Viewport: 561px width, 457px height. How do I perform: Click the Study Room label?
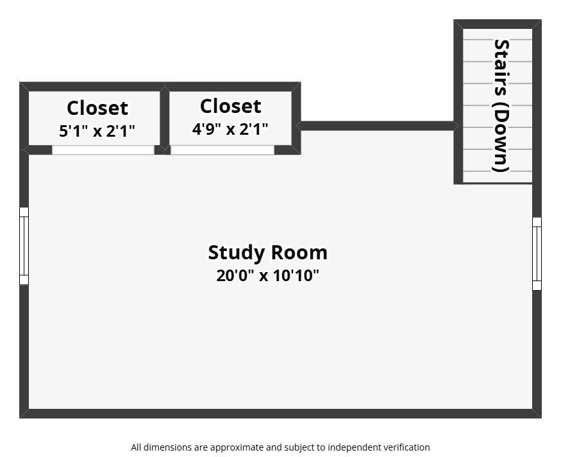coord(267,253)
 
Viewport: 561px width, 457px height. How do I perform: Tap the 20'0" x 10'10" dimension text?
coord(267,275)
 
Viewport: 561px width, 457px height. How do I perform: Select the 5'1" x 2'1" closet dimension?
coord(97,131)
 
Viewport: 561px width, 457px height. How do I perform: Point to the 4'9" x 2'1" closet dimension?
coord(230,129)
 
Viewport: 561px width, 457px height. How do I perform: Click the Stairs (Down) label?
coord(501,106)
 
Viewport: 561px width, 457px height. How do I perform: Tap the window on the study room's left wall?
coord(24,246)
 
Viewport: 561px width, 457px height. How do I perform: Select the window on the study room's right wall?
coord(537,254)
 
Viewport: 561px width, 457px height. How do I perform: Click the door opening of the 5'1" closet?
coord(103,150)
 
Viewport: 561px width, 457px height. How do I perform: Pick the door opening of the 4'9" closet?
coord(222,150)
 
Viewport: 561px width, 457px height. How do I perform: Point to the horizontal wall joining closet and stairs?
coord(377,126)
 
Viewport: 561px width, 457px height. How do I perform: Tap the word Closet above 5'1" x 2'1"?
coord(97,108)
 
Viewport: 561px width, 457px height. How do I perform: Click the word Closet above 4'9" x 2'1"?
coord(230,106)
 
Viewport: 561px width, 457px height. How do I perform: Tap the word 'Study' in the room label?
coord(237,253)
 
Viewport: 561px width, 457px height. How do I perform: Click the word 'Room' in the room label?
coord(299,252)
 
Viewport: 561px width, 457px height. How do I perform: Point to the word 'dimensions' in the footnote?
coord(167,447)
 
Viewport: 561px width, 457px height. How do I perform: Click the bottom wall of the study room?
coord(281,413)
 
